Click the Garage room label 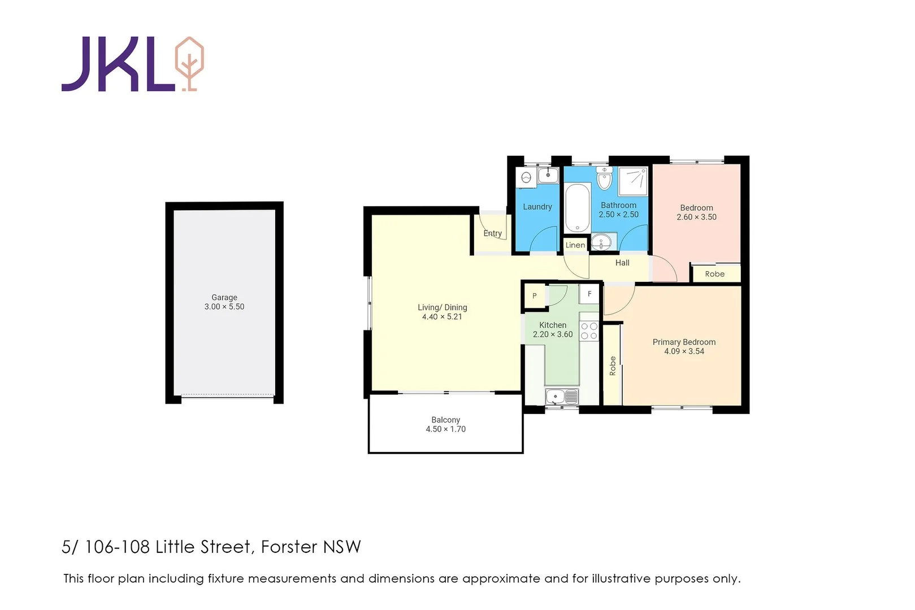click(x=224, y=297)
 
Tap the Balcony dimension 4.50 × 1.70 click(x=445, y=429)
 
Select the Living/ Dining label click(x=442, y=307)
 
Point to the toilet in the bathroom click(x=604, y=179)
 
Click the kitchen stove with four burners click(x=589, y=331)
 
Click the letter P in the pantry click(x=535, y=296)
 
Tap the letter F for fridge click(x=589, y=294)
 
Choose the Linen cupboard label click(x=575, y=245)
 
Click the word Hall click(x=622, y=263)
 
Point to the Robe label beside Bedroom click(x=714, y=274)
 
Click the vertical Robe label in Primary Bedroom click(x=612, y=366)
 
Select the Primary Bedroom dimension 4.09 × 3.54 click(x=684, y=351)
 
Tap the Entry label click(x=492, y=233)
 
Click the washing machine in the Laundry click(x=527, y=177)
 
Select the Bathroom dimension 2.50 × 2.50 click(x=618, y=215)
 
